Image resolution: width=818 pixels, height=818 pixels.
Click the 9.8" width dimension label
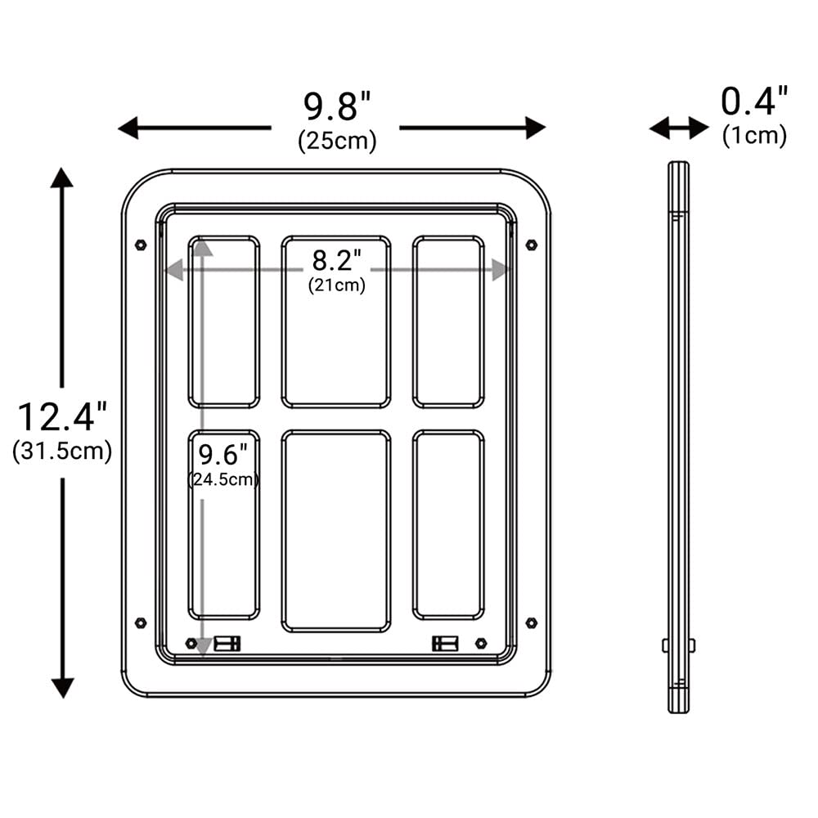tap(337, 106)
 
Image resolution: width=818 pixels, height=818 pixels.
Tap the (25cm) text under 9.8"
tap(337, 141)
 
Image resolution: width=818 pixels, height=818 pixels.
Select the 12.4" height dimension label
tap(62, 417)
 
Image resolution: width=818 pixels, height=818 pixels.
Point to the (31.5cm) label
tap(62, 451)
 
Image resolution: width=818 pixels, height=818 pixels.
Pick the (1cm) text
tap(754, 136)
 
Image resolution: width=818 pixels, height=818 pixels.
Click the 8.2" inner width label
tap(336, 260)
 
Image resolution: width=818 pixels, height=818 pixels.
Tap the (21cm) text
tap(336, 285)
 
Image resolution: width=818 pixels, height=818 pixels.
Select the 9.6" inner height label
tap(222, 454)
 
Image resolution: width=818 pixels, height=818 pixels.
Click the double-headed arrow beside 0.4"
tap(679, 128)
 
